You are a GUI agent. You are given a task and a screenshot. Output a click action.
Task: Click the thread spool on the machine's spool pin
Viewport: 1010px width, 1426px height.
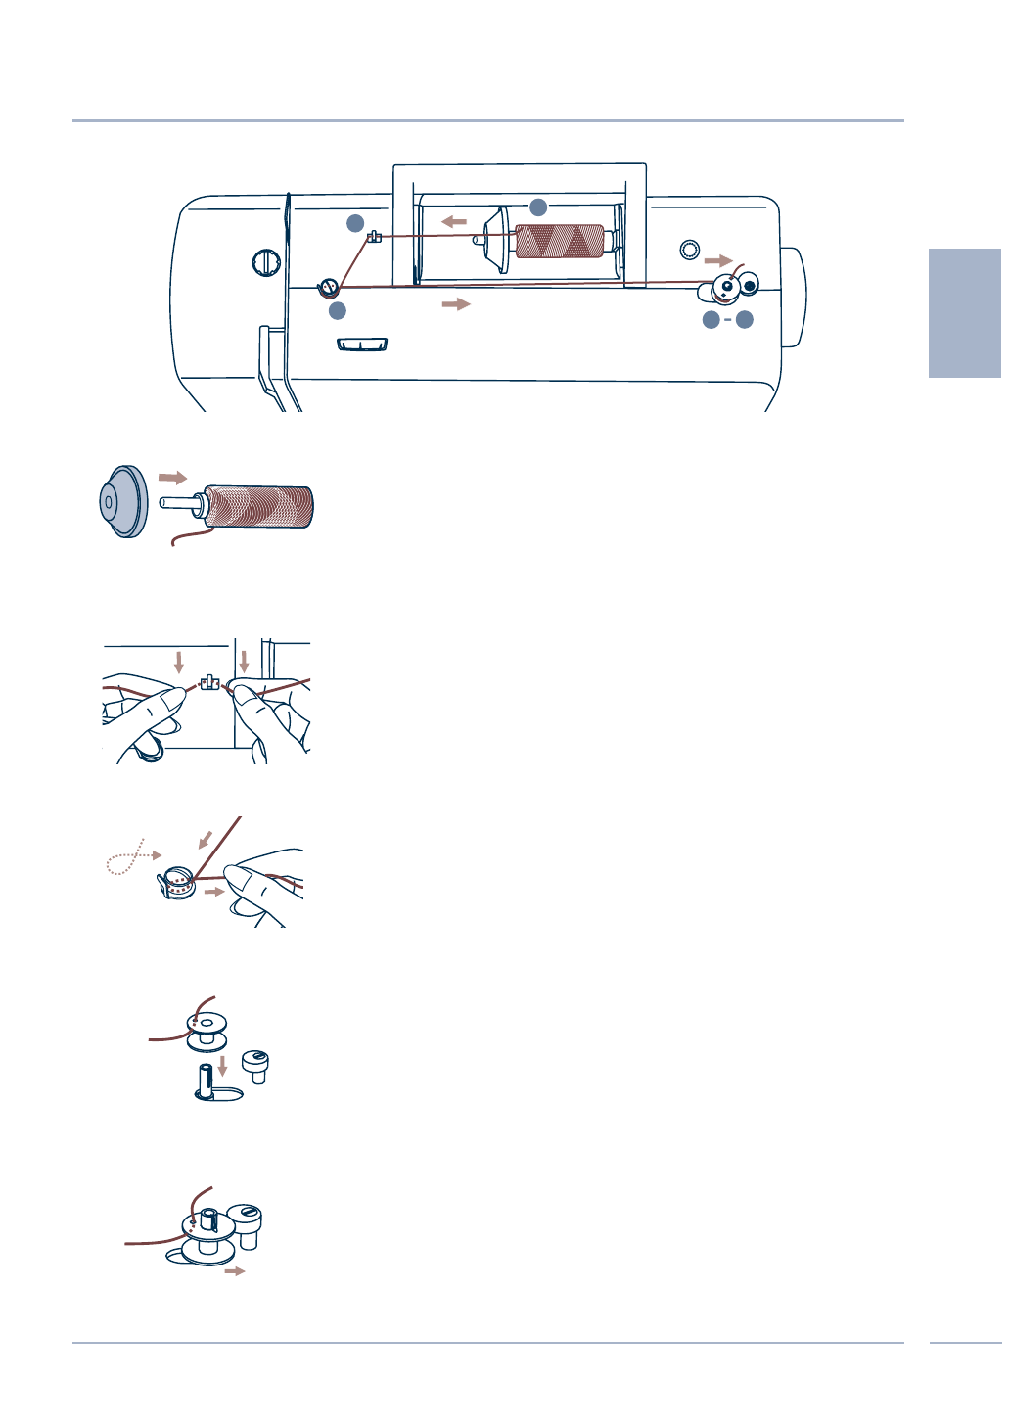click(559, 241)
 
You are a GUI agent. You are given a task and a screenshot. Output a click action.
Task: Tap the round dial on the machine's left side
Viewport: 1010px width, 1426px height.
click(265, 262)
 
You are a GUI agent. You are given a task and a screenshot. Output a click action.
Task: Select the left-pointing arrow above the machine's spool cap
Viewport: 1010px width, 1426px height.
click(453, 222)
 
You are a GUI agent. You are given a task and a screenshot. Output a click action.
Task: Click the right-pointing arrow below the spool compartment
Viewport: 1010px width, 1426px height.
click(456, 304)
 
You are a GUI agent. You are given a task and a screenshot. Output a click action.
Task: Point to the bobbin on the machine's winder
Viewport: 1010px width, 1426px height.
click(725, 289)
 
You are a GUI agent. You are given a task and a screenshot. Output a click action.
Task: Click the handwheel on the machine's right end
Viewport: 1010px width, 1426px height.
click(794, 297)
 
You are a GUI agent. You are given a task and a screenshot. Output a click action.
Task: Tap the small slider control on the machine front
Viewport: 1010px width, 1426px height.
click(362, 344)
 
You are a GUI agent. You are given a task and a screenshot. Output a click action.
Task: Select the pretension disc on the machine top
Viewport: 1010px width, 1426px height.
click(329, 287)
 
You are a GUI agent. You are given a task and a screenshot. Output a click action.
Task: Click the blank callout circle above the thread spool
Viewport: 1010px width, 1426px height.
click(538, 207)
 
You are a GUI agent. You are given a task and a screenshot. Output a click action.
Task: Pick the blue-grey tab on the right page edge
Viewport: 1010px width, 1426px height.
click(965, 312)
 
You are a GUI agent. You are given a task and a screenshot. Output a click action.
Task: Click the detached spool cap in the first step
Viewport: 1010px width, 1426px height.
click(123, 502)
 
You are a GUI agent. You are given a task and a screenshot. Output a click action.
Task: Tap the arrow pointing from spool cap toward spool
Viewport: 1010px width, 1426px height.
click(172, 478)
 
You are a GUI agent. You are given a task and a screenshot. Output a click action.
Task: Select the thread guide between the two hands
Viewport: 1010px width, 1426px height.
click(207, 681)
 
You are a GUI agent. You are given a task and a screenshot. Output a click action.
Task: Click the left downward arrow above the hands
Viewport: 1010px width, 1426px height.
click(178, 663)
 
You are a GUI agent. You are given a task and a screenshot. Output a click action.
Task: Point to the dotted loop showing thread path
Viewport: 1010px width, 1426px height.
click(125, 858)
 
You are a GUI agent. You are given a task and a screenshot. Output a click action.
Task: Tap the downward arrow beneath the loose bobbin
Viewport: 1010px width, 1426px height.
click(222, 1065)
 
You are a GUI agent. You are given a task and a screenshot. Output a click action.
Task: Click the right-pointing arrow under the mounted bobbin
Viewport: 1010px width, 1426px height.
click(235, 1271)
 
